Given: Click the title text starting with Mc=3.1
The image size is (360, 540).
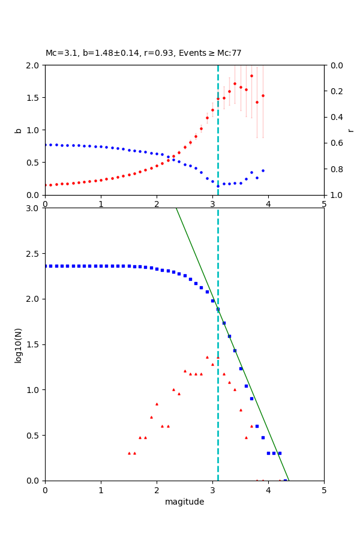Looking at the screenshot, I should pyautogui.click(x=143, y=53).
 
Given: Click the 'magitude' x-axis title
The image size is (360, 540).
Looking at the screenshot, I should pyautogui.click(x=184, y=502).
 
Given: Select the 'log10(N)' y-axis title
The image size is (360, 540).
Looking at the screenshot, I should pyautogui.click(x=19, y=344).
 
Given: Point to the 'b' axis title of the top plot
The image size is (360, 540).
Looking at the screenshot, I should pyautogui.click(x=19, y=130).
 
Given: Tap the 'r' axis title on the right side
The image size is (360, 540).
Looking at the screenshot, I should pyautogui.click(x=350, y=130).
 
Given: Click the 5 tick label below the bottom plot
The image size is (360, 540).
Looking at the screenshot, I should pyautogui.click(x=324, y=490).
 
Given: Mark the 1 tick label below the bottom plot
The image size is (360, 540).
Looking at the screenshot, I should pyautogui.click(x=101, y=490).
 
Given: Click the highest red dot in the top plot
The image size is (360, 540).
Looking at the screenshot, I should pyautogui.click(x=251, y=76).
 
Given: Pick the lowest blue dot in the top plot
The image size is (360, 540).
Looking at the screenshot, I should pyautogui.click(x=218, y=186).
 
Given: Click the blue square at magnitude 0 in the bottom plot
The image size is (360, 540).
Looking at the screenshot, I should pyautogui.click(x=46, y=266).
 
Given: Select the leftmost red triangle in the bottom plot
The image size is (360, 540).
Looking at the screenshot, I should pyautogui.click(x=129, y=453).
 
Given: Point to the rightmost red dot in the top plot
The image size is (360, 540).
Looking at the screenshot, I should pyautogui.click(x=263, y=95).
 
